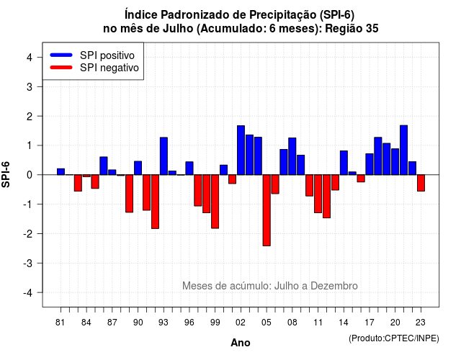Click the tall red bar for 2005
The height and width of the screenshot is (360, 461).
267,210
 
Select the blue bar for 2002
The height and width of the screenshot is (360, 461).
241,150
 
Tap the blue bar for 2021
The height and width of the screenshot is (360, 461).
403,150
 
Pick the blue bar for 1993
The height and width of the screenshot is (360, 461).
164,156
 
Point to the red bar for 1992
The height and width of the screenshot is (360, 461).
156,202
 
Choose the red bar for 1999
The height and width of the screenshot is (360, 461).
215,202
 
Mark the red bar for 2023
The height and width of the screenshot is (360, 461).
421,183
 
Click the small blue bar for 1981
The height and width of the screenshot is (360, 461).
61,171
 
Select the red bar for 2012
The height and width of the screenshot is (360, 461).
326,196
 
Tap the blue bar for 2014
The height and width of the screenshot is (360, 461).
344,163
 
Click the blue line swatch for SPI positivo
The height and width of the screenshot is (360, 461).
61,55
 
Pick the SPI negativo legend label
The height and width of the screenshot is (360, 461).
109,68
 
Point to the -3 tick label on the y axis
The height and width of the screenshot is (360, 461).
28,263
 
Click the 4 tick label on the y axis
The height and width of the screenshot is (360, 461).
30,58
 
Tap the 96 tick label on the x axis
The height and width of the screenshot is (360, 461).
189,323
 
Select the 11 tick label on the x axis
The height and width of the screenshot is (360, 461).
318,323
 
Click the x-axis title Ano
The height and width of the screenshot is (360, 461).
241,343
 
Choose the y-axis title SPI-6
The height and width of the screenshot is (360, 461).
6,174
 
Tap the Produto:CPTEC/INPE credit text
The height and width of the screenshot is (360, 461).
394,338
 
